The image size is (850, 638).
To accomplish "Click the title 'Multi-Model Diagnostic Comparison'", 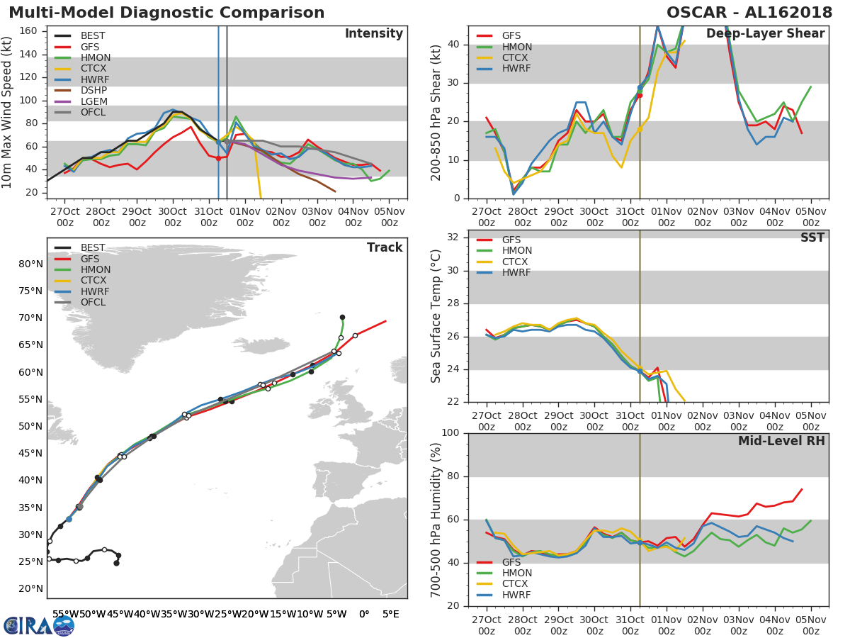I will [x=166, y=13].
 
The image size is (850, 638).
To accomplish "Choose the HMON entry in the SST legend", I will [x=517, y=251].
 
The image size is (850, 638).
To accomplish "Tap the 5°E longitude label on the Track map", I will [x=390, y=614].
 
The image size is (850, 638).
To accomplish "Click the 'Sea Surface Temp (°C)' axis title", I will [x=436, y=316].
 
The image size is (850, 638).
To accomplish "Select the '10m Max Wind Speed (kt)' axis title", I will [x=8, y=112].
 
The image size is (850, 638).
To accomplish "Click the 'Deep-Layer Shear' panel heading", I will [x=765, y=34].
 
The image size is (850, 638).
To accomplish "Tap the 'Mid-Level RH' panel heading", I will [x=781, y=441].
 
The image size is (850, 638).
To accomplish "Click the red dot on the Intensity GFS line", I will [x=218, y=158].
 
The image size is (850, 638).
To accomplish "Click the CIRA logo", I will [x=38, y=625].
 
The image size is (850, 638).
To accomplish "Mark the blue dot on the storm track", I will [x=69, y=519].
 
